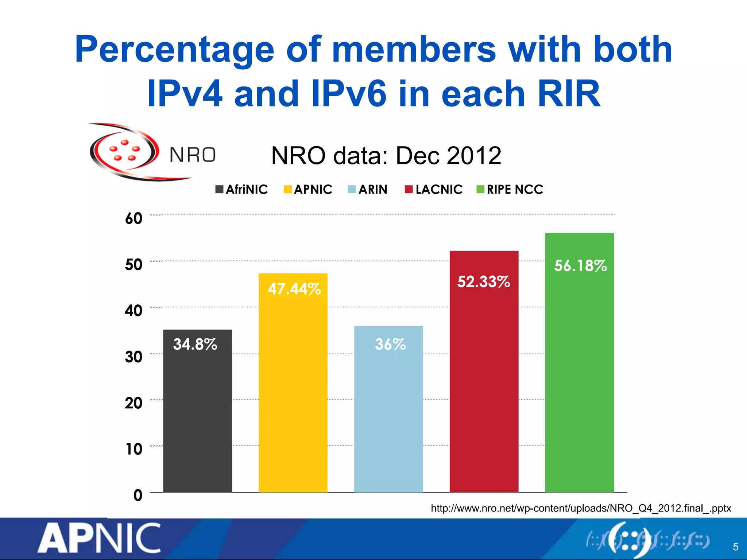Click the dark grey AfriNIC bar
(x=197, y=419)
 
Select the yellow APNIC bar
(x=293, y=394)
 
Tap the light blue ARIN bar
(x=388, y=419)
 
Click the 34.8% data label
(x=195, y=344)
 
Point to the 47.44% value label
(x=294, y=289)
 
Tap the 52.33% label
(x=484, y=281)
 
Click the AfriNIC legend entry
(x=242, y=190)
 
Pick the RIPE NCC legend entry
(x=510, y=190)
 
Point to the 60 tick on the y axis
(x=133, y=218)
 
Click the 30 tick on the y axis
(x=133, y=357)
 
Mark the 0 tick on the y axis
(x=138, y=495)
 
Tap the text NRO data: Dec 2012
(x=386, y=156)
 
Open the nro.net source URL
(x=581, y=508)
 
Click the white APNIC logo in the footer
(x=99, y=538)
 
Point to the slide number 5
(x=736, y=547)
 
